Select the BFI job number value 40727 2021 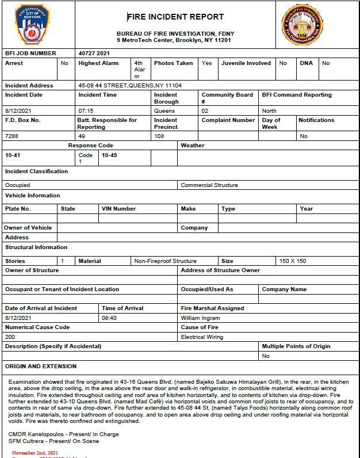click(94, 54)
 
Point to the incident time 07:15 click(86, 110)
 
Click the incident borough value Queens click(164, 110)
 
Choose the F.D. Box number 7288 click(12, 136)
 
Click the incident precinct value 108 click(159, 136)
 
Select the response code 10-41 click(13, 155)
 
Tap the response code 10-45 click(109, 155)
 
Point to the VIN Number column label click(118, 209)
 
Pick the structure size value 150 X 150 click(293, 261)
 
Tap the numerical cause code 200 click(10, 337)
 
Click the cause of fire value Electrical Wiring click(202, 337)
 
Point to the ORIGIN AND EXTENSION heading click(40, 366)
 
